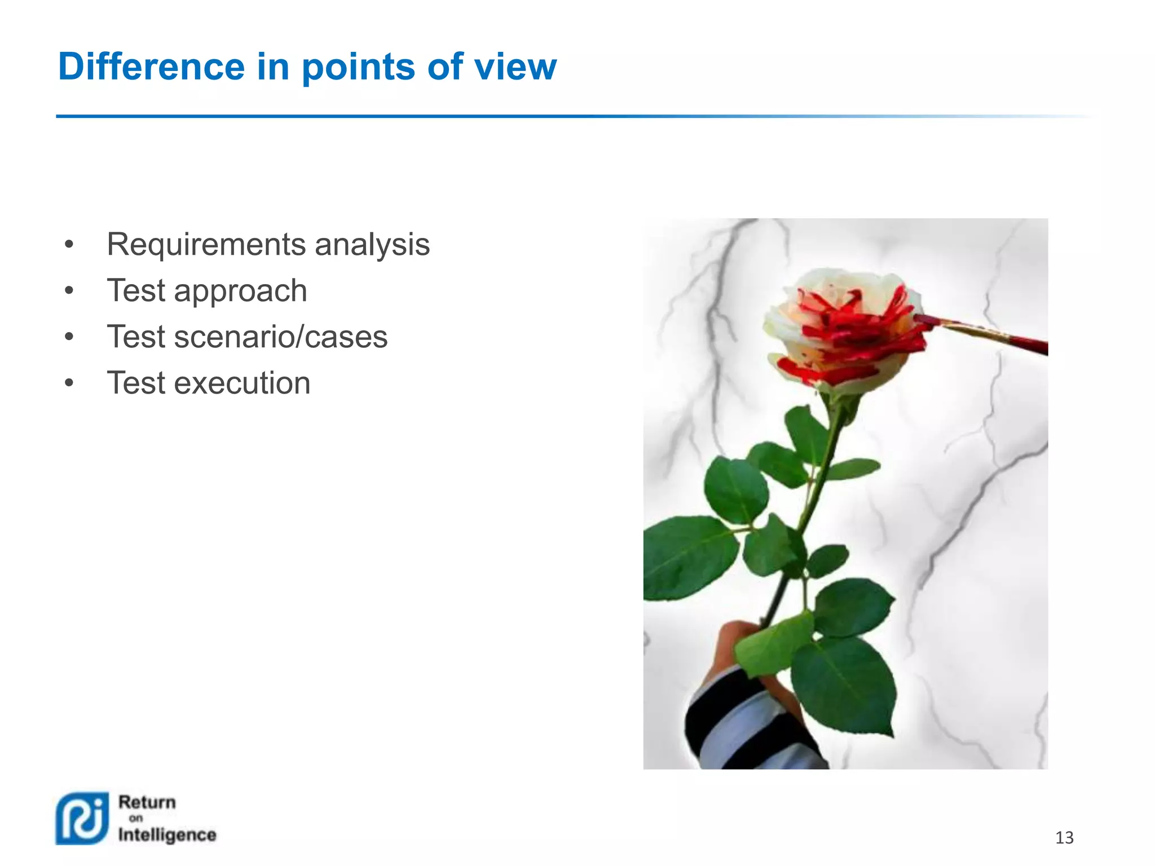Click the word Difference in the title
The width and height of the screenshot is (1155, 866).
pos(151,67)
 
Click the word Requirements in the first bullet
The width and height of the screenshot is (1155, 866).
pos(206,245)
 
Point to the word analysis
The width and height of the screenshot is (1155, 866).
pos(372,245)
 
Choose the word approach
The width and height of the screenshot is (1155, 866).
pos(240,291)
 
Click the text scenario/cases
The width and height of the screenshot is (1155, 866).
pos(280,337)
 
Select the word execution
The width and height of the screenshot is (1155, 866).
pos(242,383)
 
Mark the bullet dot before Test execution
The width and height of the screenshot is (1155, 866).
pos(69,383)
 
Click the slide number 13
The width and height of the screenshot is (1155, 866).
pos(1064,838)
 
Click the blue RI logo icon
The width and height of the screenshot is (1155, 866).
pos(82,818)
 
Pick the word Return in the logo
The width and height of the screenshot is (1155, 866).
pos(147,802)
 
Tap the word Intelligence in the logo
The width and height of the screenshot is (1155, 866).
pos(167,834)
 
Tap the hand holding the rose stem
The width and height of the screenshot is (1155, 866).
pos(733,643)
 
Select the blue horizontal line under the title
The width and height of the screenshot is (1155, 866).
pos(451,116)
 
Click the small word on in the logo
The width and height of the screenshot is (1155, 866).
pos(136,818)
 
